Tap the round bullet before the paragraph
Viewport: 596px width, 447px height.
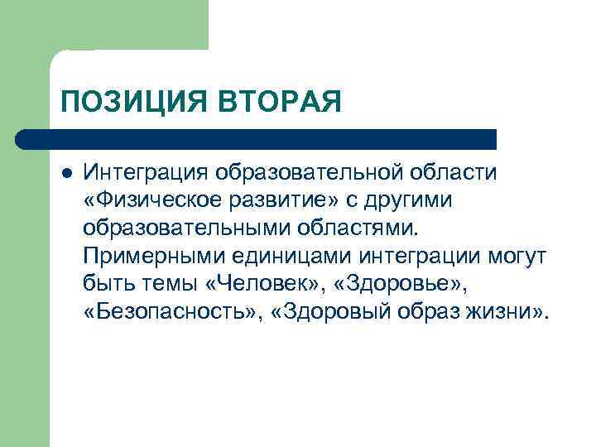pyautogui.click(x=67, y=174)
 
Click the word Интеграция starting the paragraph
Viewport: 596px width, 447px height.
pyautogui.click(x=147, y=174)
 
